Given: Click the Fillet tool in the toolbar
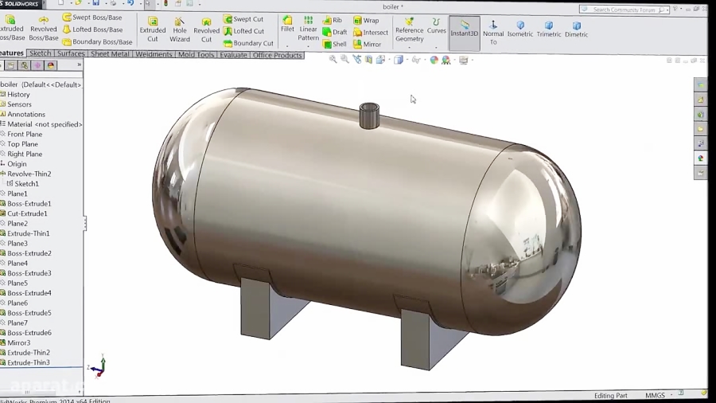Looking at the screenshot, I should coord(287,23).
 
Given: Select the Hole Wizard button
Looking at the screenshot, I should coord(180,29).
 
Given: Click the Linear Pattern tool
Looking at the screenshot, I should coord(308,28).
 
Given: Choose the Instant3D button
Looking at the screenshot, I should coord(465,29).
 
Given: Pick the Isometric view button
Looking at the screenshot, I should coord(520,29).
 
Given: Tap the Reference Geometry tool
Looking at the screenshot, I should coord(410,29).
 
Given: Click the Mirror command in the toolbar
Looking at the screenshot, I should coord(368,45).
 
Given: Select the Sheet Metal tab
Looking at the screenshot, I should coord(110,55).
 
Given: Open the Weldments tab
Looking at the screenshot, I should coord(154,55).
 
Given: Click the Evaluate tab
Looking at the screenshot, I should coord(233,55).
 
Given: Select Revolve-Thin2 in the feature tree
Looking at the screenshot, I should coord(29,174).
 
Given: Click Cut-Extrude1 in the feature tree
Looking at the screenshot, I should coord(27,213).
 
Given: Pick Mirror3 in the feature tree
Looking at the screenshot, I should coord(19,342).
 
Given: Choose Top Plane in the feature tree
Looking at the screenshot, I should coord(23,144).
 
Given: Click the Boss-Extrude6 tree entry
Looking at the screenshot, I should coord(29,333).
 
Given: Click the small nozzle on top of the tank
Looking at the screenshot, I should coord(369,116).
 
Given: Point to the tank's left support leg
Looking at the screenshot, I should coord(266,307).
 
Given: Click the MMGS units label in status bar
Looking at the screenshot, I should coord(655,395).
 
